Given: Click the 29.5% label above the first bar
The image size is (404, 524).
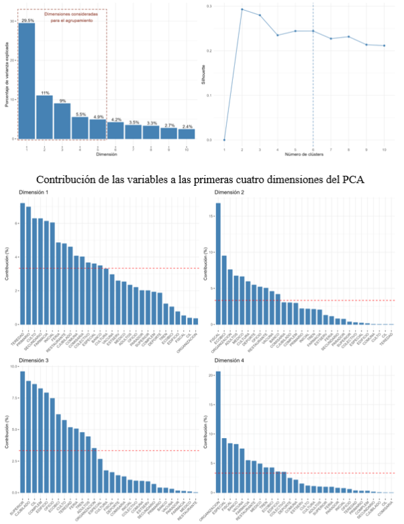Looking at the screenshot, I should coord(28,21).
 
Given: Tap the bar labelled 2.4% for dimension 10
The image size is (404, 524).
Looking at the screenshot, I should coord(187,134).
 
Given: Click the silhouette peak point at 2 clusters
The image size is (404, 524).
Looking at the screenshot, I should coord(242,9).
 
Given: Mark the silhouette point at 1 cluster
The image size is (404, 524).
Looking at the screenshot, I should coord(224,140).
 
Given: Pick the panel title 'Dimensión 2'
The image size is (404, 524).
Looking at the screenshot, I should coord(230,193).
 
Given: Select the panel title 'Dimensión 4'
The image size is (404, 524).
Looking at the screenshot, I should coord(230,361).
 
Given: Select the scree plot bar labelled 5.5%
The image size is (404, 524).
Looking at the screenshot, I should coord(80,127).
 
